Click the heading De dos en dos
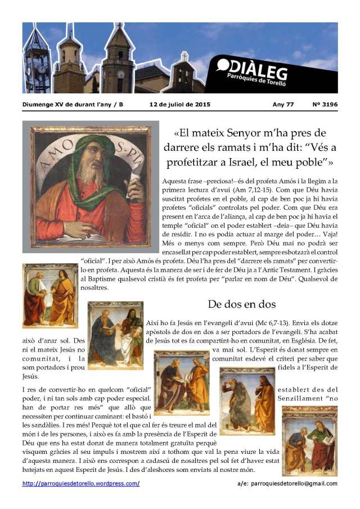click(x=241, y=304)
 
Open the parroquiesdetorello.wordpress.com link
click(x=81, y=484)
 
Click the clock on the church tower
click(x=120, y=74)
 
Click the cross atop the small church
click(x=184, y=55)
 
